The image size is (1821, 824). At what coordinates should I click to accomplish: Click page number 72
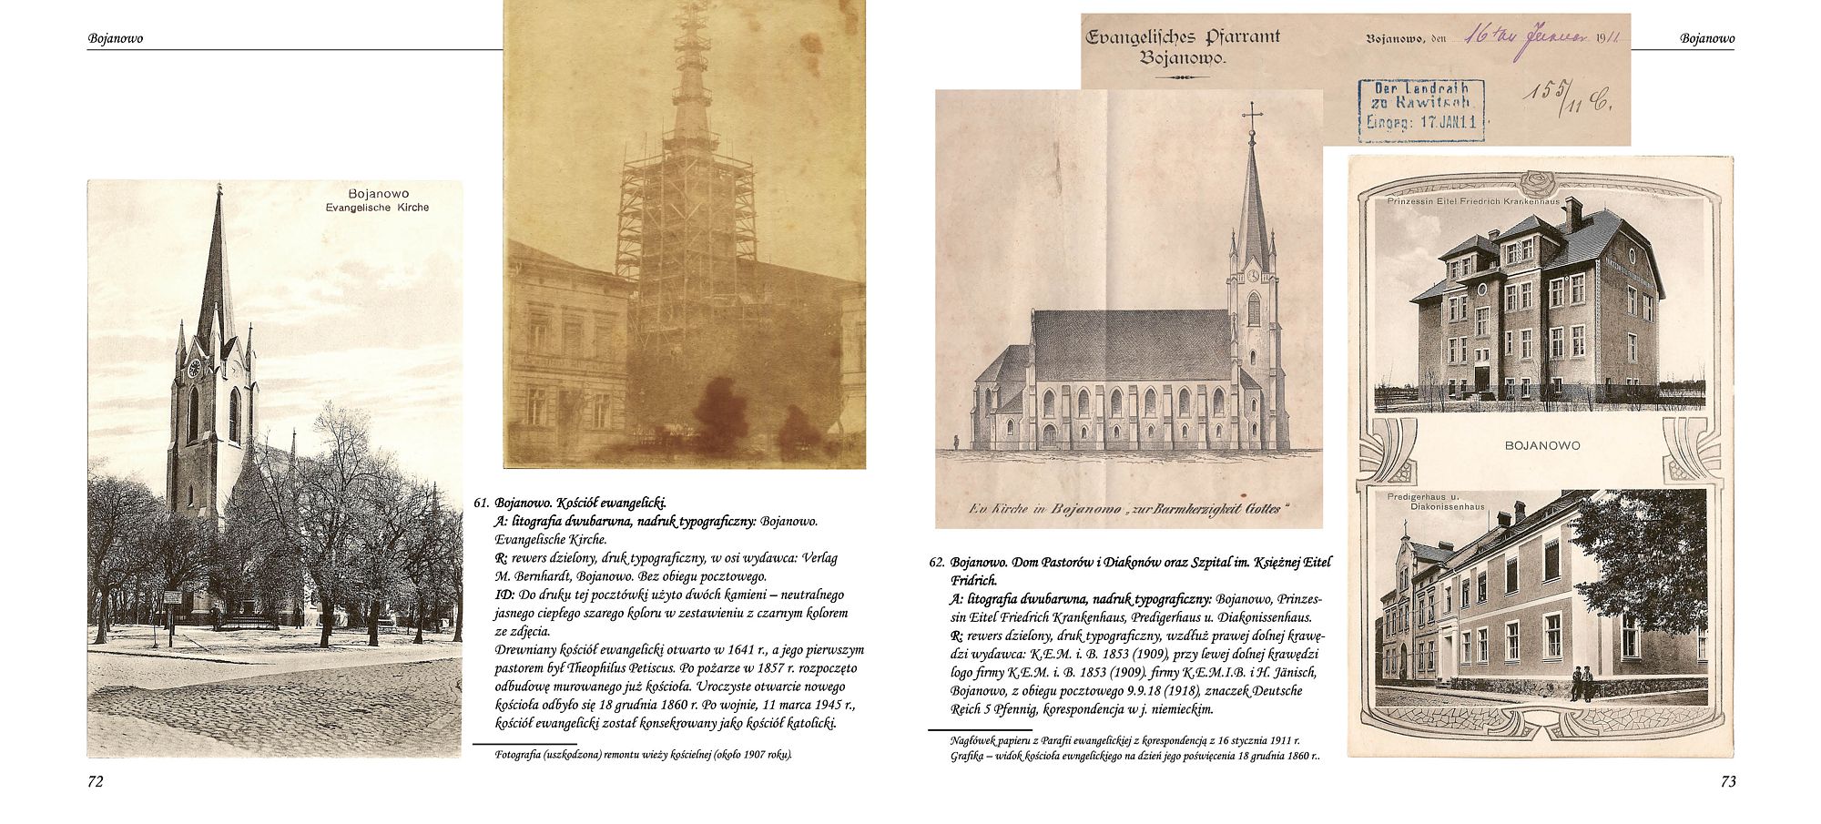click(x=96, y=782)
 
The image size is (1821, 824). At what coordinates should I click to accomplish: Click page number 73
click(x=1727, y=782)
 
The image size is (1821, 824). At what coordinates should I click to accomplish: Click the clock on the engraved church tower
click(x=1254, y=275)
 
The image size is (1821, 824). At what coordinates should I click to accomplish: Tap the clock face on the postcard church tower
click(x=193, y=369)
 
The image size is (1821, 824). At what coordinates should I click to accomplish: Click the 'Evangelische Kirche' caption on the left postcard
click(x=377, y=208)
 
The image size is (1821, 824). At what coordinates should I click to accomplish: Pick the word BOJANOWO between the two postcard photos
click(x=1542, y=445)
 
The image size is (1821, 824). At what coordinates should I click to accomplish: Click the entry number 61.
click(x=482, y=503)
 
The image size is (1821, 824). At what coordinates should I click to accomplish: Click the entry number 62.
click(x=937, y=563)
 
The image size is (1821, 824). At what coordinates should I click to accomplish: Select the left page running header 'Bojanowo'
click(x=116, y=39)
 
